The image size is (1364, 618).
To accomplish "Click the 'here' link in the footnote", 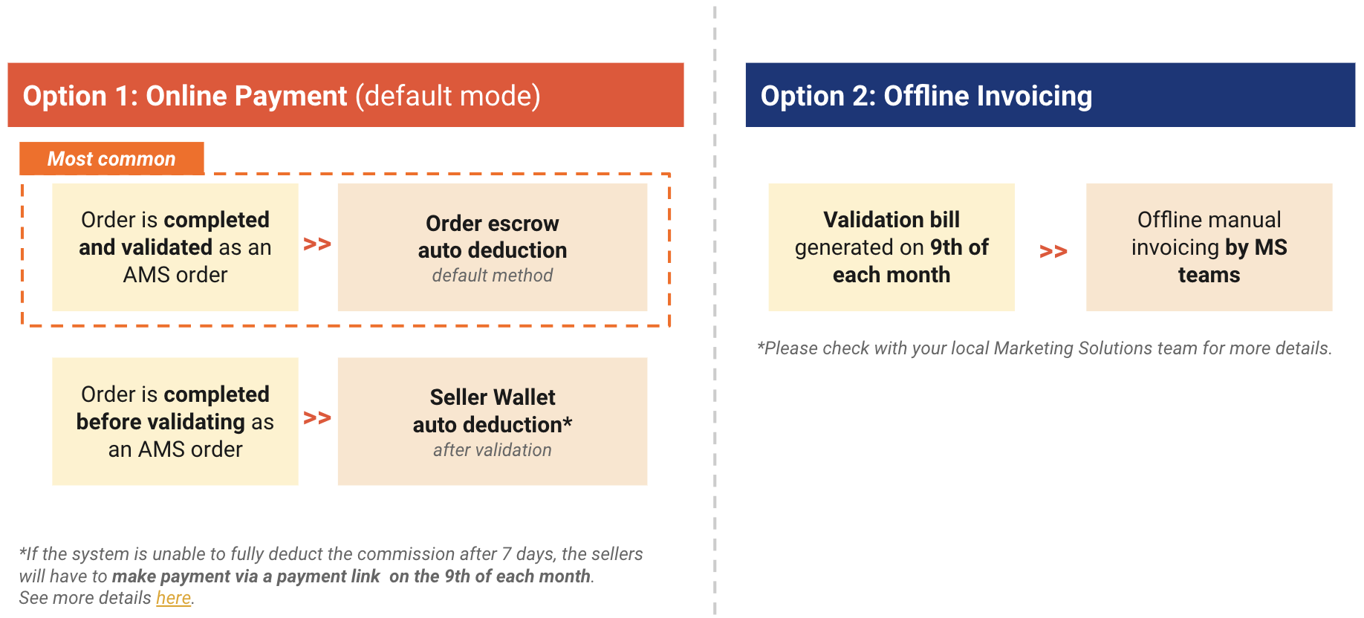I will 173,598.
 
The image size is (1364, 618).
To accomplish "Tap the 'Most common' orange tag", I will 111,159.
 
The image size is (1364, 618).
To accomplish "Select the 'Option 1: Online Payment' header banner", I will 345,96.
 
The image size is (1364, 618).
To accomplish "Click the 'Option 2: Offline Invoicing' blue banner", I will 1050,96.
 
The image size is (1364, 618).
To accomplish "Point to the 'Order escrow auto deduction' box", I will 492,247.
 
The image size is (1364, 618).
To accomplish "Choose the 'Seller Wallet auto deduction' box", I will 492,421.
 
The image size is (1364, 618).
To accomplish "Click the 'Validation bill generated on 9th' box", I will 891,247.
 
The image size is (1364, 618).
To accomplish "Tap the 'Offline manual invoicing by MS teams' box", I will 1209,247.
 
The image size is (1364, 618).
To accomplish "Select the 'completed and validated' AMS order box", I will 175,247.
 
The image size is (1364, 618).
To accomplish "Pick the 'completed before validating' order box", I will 175,421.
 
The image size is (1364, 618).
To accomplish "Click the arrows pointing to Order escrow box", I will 317,244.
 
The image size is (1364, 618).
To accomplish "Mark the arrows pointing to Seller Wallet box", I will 317,418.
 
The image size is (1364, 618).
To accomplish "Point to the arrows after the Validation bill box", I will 1053,252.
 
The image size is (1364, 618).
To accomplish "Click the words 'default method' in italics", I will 492,276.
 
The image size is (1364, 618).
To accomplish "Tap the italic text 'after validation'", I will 492,450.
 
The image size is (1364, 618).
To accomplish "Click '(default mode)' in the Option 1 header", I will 447,96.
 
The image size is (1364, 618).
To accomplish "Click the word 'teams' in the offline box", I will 1209,276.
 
